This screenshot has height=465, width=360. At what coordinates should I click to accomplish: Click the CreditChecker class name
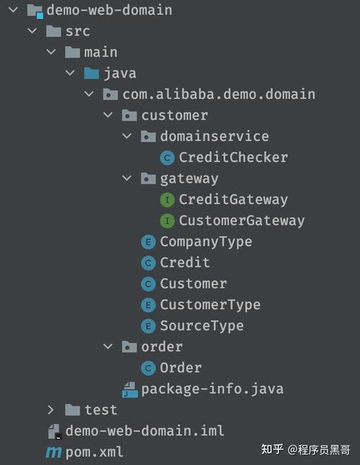[x=233, y=158]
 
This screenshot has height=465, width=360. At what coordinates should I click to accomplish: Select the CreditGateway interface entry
[x=233, y=199]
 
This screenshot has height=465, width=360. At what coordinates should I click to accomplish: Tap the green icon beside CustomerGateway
[x=167, y=221]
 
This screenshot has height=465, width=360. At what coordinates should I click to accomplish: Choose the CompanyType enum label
[x=206, y=242]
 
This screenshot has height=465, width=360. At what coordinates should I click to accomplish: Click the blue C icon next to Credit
[x=148, y=263]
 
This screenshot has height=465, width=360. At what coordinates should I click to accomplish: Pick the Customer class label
[x=194, y=284]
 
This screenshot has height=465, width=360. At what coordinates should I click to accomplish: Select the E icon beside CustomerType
[x=148, y=305]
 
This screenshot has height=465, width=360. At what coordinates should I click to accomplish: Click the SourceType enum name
[x=202, y=326]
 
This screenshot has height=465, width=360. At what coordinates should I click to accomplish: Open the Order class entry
[x=181, y=368]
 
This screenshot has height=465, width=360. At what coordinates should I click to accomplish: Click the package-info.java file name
[x=212, y=389]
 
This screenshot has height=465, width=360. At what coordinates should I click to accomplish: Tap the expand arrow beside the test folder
[x=50, y=410]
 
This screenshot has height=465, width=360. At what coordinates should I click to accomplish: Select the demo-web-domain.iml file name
[x=145, y=431]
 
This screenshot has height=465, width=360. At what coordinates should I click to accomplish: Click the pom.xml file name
[x=94, y=452]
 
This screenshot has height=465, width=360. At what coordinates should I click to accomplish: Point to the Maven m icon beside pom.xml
[x=54, y=453]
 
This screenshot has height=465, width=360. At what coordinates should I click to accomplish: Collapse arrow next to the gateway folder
[x=127, y=179]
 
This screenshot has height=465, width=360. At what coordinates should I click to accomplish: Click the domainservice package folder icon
[x=148, y=137]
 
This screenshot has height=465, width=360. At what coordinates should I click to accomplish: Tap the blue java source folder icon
[x=91, y=73]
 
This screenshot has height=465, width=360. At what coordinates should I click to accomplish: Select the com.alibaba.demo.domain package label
[x=219, y=94]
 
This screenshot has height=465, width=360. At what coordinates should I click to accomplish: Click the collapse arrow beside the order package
[x=108, y=346]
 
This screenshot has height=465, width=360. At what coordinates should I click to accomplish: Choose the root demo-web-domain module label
[x=109, y=10]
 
